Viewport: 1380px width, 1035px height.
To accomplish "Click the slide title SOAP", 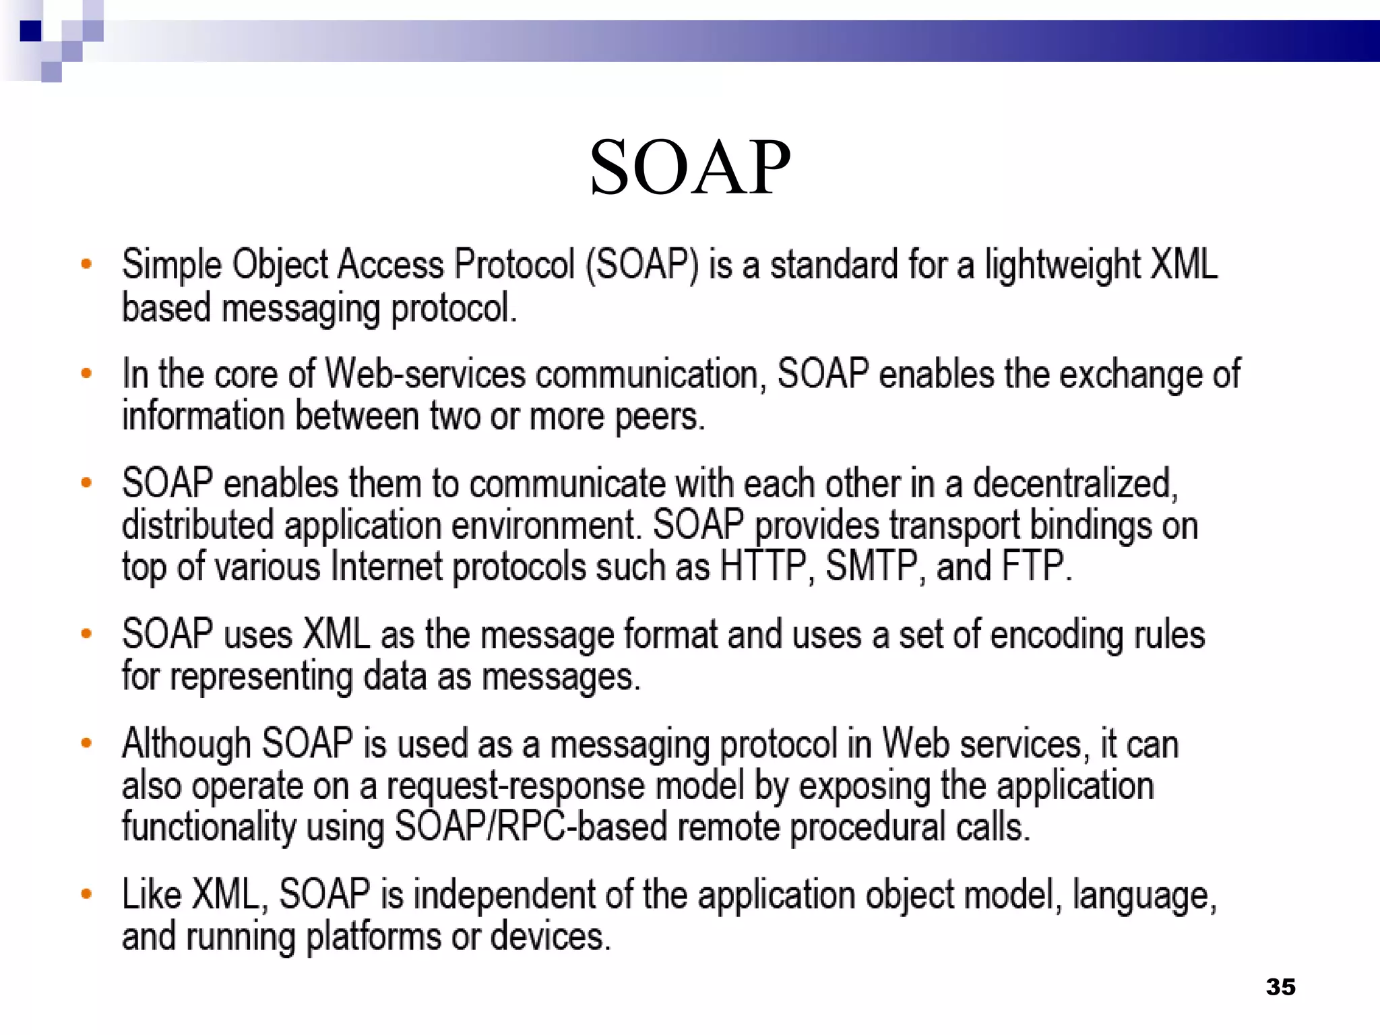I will click(690, 167).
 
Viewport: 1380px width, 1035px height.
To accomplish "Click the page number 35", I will click(1280, 987).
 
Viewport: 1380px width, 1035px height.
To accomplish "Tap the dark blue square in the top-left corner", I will click(30, 31).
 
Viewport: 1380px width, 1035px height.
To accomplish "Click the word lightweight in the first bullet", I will click(1061, 265).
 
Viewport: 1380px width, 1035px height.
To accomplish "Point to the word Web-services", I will click(425, 374).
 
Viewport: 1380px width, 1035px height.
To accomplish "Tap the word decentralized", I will click(1074, 484).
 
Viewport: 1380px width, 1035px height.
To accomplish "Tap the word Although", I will click(187, 745).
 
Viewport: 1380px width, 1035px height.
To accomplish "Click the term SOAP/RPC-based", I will click(530, 827).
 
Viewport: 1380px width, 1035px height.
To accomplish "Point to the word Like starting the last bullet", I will click(152, 896).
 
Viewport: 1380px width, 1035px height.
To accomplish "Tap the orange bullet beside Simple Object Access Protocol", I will click(86, 263).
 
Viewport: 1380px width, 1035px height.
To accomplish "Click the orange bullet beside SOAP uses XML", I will click(86, 633).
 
